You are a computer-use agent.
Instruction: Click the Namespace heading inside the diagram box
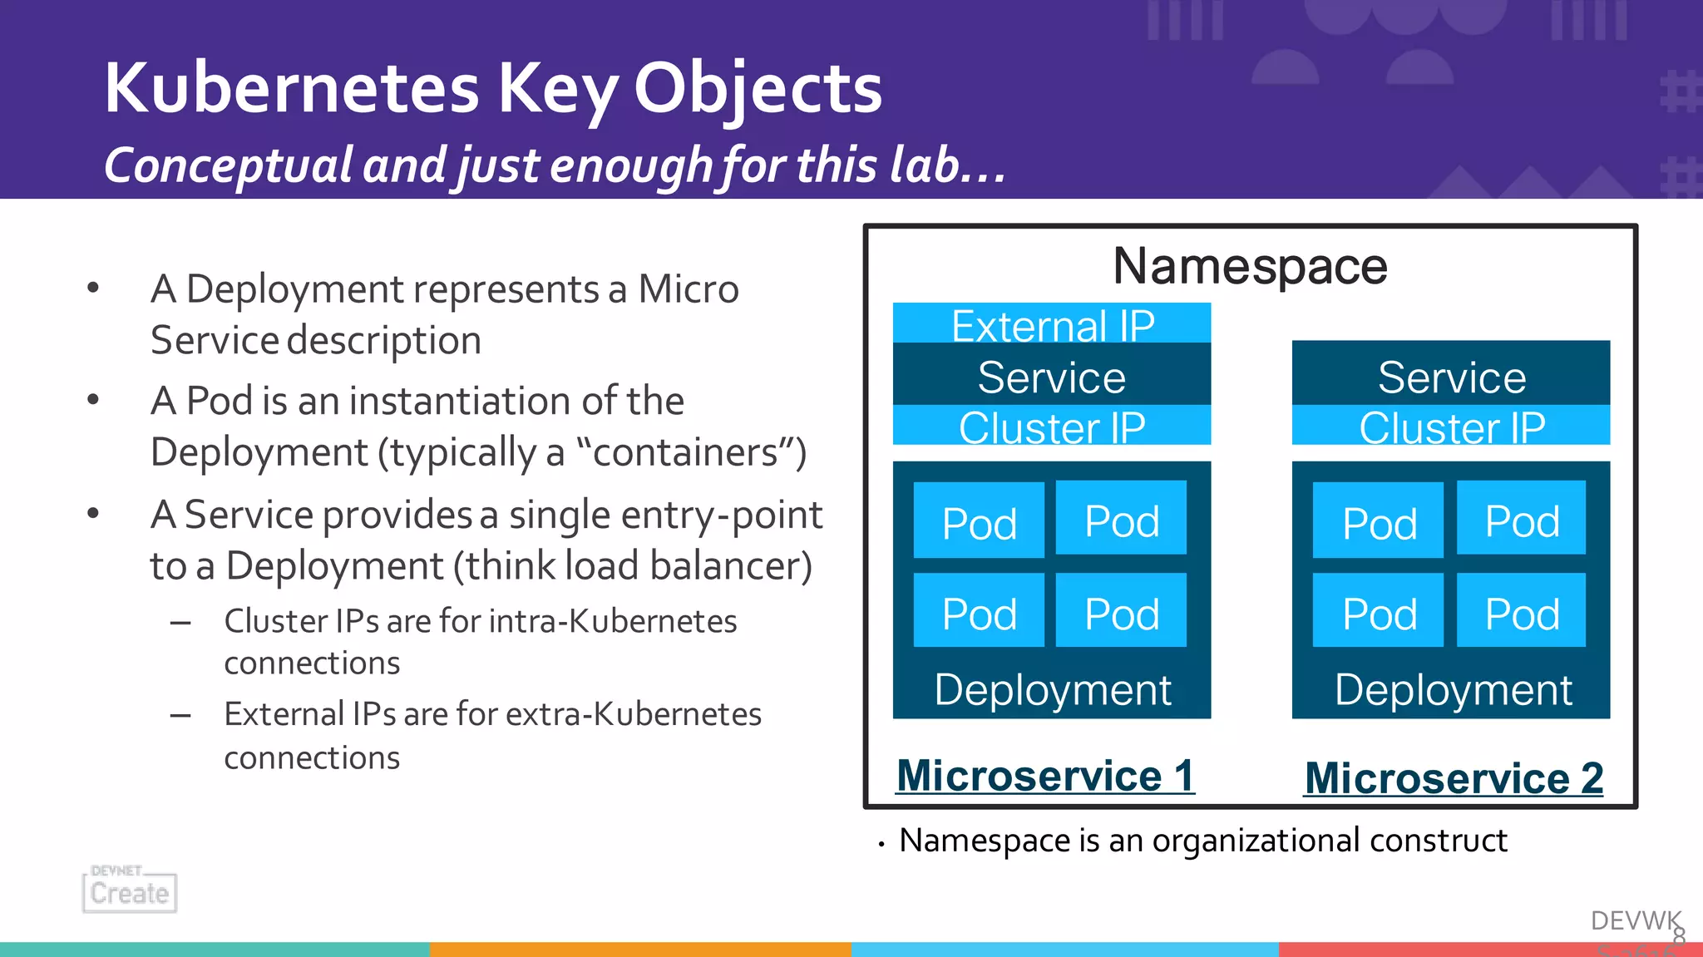(x=1250, y=266)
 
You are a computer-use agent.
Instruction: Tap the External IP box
(x=1052, y=323)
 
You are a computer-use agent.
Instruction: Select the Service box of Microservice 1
(x=1052, y=376)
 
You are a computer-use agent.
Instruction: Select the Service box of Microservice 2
(x=1451, y=376)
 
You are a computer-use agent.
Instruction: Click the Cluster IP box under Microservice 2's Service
(x=1451, y=427)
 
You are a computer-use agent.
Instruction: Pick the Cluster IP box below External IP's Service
(x=1052, y=427)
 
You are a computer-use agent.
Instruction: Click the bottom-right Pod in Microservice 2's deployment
(x=1521, y=612)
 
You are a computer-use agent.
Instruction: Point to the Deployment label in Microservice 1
(x=1052, y=689)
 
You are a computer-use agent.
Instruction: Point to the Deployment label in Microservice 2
(x=1453, y=689)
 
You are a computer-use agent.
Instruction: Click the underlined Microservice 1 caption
(x=1045, y=775)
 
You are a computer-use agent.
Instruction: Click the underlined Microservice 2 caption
(x=1454, y=778)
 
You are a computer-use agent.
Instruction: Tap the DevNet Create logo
(x=130, y=890)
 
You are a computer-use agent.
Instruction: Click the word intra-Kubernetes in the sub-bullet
(x=613, y=621)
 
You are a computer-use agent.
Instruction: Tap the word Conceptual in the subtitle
(x=229, y=165)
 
